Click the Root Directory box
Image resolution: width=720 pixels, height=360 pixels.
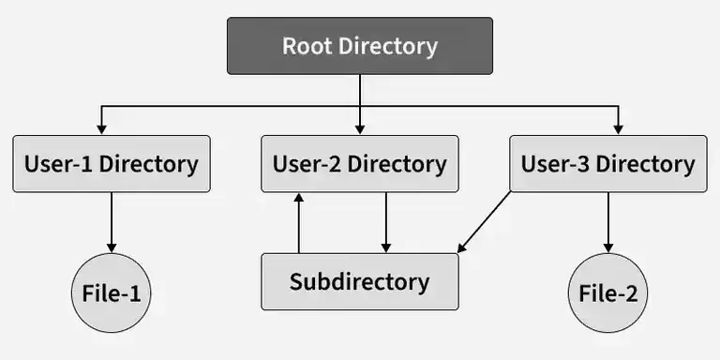pyautogui.click(x=360, y=46)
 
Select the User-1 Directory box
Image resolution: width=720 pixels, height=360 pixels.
pyautogui.click(x=112, y=164)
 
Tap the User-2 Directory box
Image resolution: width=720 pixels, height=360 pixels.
pyautogui.click(x=360, y=164)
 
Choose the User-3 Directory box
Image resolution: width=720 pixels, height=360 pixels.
pyautogui.click(x=608, y=164)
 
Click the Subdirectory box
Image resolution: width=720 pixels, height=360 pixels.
pyautogui.click(x=360, y=281)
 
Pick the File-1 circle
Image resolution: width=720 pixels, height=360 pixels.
pyautogui.click(x=112, y=293)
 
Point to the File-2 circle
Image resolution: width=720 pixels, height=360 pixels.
pyautogui.click(x=608, y=293)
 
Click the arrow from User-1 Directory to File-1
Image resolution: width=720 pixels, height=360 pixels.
pyautogui.click(x=112, y=221)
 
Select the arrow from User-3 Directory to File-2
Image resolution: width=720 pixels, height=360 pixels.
pyautogui.click(x=608, y=221)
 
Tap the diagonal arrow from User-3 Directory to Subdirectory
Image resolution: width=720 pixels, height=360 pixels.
pyautogui.click(x=486, y=221)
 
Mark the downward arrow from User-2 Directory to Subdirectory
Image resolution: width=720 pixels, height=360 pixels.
pyautogui.click(x=386, y=223)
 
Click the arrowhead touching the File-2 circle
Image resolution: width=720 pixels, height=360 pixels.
pyautogui.click(x=608, y=247)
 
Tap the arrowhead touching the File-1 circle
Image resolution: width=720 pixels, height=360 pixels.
pyautogui.click(x=112, y=247)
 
